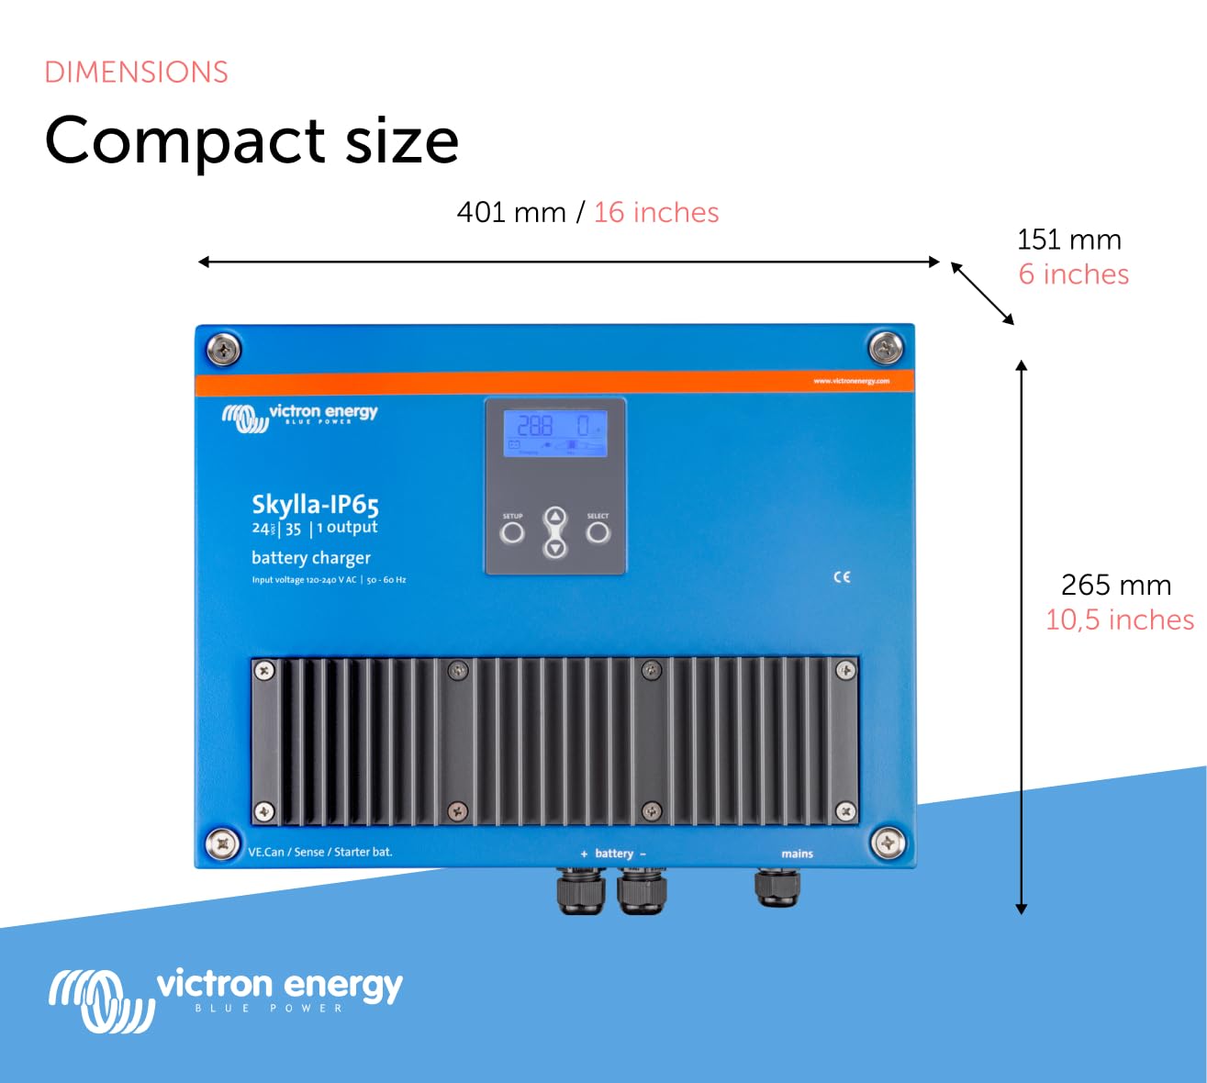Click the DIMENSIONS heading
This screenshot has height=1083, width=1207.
[x=136, y=73]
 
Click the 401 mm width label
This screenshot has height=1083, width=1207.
[x=510, y=213]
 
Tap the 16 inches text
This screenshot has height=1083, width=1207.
[x=655, y=213]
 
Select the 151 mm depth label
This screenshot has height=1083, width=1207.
[x=1068, y=240]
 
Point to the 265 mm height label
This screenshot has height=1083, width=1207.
[x=1115, y=586]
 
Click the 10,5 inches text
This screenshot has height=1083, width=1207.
[x=1119, y=620]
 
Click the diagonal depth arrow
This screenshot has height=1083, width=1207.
[x=982, y=294]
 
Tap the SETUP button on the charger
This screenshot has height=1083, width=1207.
[x=512, y=532]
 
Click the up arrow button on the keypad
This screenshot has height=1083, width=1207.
[x=555, y=518]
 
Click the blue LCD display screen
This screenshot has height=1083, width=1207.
[x=554, y=433]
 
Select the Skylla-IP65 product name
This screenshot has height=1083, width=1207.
[x=315, y=504]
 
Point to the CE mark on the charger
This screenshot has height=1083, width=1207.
[x=842, y=577]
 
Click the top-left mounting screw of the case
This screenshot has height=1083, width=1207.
[x=223, y=350]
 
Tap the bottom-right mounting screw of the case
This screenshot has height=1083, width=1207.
[x=887, y=843]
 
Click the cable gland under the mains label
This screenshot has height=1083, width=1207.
[x=777, y=888]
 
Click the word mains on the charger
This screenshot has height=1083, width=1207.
[x=797, y=854]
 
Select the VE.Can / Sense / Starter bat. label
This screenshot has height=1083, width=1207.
[x=320, y=852]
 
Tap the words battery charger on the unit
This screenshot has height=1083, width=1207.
[x=311, y=558]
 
